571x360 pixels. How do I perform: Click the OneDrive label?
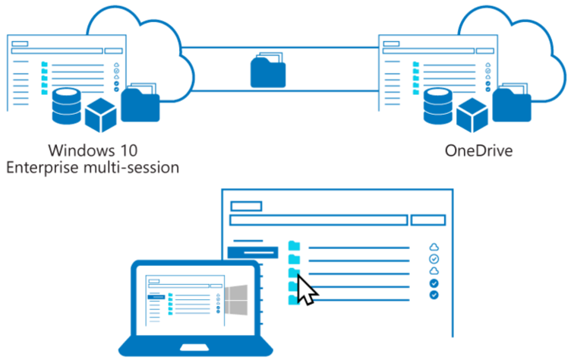[x=478, y=150]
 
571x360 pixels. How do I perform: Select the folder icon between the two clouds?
[x=268, y=71]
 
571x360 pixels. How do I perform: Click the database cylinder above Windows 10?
[x=67, y=106]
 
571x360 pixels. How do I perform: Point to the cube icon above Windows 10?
[x=101, y=115]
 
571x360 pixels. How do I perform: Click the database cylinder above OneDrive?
[x=438, y=106]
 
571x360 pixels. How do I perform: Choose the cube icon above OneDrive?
[x=472, y=115]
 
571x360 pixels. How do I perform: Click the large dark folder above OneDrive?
[x=512, y=103]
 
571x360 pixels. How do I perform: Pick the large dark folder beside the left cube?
[x=140, y=103]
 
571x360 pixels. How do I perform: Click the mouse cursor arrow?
[x=305, y=290]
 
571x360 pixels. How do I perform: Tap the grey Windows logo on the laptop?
[x=236, y=300]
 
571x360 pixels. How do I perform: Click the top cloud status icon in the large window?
[x=434, y=248]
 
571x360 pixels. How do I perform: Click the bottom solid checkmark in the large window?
[x=434, y=295]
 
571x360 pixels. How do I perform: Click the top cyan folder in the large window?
[x=295, y=245]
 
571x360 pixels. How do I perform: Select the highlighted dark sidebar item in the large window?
[x=253, y=252]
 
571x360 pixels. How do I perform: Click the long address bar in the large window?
[x=319, y=220]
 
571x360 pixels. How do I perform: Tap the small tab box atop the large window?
[x=246, y=207]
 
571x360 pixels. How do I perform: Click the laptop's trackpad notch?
[x=194, y=347]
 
